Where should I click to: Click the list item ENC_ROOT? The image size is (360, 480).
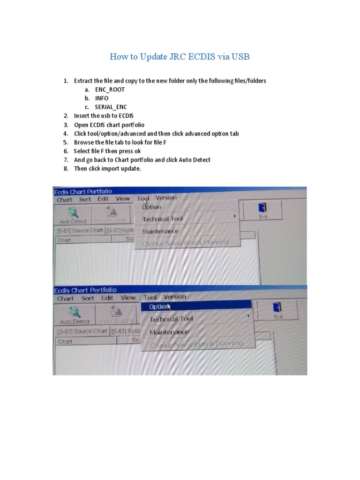click(110, 90)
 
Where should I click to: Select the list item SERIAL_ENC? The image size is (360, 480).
click(111, 107)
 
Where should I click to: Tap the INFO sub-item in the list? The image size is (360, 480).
click(101, 98)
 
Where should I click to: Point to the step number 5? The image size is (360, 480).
click(66, 142)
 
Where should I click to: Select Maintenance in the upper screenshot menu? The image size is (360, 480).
click(160, 231)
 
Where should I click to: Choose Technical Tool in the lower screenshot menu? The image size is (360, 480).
click(171, 319)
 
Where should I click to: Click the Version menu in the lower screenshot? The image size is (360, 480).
click(174, 297)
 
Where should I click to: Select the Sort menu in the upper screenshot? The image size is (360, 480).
click(85, 199)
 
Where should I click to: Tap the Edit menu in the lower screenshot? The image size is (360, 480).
click(107, 298)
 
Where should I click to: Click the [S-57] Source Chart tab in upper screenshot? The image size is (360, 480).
click(80, 231)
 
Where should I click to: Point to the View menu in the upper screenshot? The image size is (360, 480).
click(123, 199)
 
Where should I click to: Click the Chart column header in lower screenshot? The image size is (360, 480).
click(65, 342)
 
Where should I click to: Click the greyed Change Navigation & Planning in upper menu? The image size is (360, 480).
click(186, 243)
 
